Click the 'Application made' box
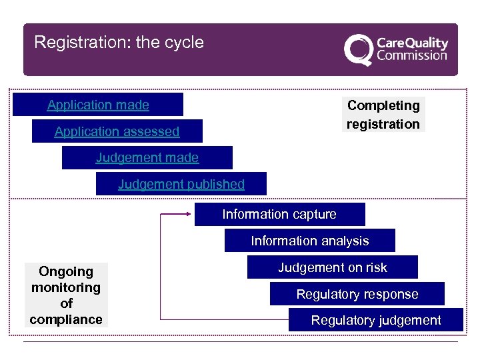click(x=98, y=105)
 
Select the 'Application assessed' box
click(x=117, y=131)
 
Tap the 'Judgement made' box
click(x=147, y=158)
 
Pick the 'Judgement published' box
click(x=181, y=184)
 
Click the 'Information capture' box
click(x=279, y=214)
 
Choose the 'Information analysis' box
click(x=309, y=241)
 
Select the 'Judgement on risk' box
click(x=332, y=267)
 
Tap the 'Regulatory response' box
click(x=357, y=294)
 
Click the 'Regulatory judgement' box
click(x=375, y=320)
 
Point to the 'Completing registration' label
click(x=383, y=115)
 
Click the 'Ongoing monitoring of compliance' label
click(x=66, y=295)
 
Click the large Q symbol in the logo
click(x=359, y=49)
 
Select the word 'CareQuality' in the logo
click(x=412, y=43)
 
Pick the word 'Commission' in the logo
click(x=411, y=55)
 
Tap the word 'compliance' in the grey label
click(x=66, y=319)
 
